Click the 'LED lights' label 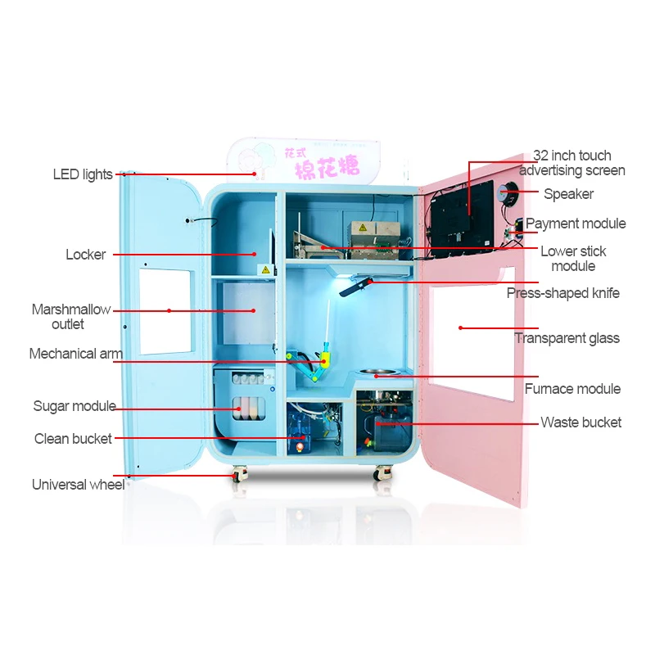point(83,174)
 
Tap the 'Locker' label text point(86,255)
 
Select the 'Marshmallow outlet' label point(70,317)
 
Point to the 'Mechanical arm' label point(75,355)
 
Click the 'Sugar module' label point(74,406)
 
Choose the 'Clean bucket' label point(73,439)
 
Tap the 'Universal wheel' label point(78,485)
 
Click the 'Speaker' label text point(568,194)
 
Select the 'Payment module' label point(575,224)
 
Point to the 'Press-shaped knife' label point(562,293)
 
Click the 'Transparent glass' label point(567,338)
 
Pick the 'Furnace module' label point(572,389)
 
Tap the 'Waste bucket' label point(580,422)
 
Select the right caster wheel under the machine point(382,473)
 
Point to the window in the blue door point(165,311)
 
